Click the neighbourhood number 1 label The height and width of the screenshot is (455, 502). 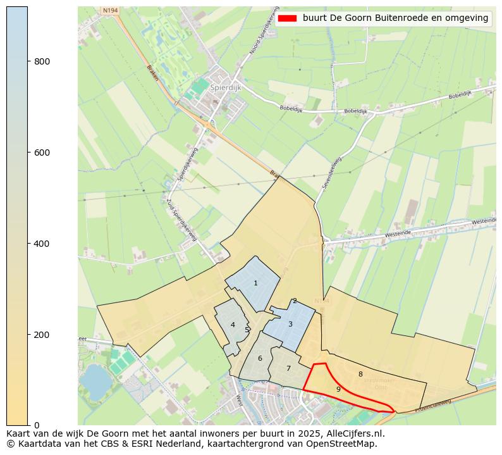pos(255,283)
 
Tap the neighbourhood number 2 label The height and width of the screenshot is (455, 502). pos(295,301)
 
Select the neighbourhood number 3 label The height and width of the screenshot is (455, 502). pos(290,324)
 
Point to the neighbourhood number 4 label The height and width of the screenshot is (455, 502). pos(233,325)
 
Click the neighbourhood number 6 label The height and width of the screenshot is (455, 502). pos(260,358)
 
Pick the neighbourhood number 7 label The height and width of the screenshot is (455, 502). pos(288,368)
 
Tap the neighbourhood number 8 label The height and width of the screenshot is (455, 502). pos(360,374)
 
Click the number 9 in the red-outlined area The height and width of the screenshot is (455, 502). pos(338,389)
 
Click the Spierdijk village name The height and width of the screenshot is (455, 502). pos(224,87)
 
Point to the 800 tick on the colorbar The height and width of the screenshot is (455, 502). pos(42,61)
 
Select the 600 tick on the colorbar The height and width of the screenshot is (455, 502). pos(42,153)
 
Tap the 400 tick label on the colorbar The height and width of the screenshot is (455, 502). pos(42,244)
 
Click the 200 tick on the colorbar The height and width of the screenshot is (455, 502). pos(42,334)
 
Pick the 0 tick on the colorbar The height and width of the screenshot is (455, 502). pos(36,425)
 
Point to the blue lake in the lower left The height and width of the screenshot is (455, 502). pos(95,378)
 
